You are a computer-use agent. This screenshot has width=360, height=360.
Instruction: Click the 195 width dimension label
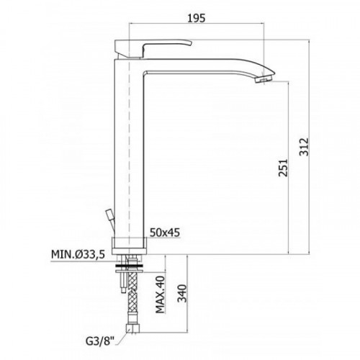tap(197, 18)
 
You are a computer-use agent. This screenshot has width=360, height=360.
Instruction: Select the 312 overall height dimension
tap(304, 147)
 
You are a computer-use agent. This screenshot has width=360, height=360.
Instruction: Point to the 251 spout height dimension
tap(283, 167)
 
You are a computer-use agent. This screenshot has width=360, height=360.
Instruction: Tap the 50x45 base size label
tap(165, 233)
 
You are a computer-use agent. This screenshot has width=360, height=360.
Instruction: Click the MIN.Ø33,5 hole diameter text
tap(78, 254)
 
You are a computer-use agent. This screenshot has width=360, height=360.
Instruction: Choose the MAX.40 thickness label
tap(161, 294)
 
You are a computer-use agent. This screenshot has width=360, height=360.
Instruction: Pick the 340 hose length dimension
tap(182, 293)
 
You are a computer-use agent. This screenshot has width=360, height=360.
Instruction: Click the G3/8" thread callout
tap(101, 341)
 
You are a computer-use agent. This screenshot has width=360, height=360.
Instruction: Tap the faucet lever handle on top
tap(153, 49)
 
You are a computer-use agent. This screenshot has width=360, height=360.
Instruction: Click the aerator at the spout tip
tap(264, 78)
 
